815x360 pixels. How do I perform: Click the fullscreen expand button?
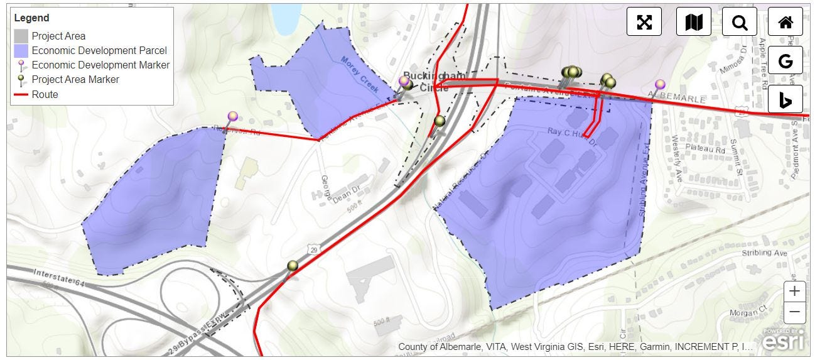[x=644, y=22]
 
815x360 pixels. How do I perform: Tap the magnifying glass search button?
[x=740, y=22]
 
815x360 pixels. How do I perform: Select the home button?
[x=785, y=22]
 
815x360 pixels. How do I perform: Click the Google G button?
[x=785, y=61]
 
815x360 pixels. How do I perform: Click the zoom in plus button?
[x=794, y=292]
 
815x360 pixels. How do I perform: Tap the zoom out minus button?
[x=794, y=312]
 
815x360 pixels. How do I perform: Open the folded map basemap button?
[x=693, y=22]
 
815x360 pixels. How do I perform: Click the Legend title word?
[x=31, y=18]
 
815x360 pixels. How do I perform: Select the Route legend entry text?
[x=45, y=95]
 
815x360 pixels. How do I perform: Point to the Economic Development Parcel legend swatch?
[x=21, y=51]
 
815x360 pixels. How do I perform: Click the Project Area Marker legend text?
[x=75, y=80]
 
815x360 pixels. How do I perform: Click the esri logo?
[x=784, y=340]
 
